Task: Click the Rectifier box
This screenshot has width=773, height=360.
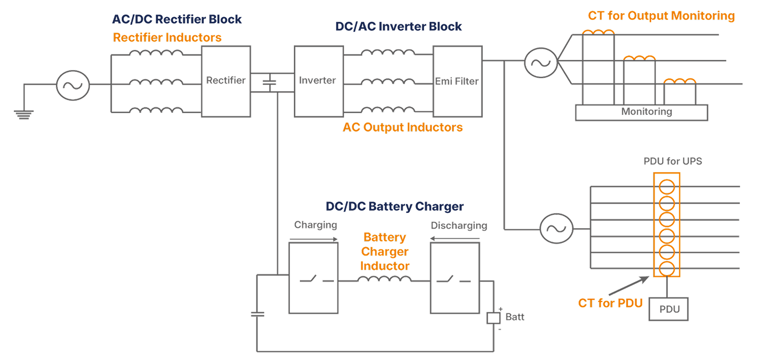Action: pos(226,81)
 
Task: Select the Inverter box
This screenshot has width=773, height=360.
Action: pos(317,81)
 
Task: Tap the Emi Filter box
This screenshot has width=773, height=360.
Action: pos(457,81)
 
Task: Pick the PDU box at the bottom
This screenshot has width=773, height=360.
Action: pos(669,309)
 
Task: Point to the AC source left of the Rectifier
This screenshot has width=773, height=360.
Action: pos(72,85)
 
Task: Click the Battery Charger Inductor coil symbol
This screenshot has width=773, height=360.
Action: pos(384,279)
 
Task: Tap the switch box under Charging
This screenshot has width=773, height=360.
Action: pos(312,277)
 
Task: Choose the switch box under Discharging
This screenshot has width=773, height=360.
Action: pos(455,277)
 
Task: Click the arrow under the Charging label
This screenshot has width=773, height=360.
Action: pos(316,241)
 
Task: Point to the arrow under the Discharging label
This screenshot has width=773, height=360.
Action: pos(457,241)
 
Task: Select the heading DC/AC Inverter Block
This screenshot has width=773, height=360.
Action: pos(398,26)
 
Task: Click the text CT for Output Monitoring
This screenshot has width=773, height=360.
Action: pos(661,16)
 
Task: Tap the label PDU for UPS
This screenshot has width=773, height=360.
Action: pos(672,162)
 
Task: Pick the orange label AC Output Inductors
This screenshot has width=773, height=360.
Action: pos(402,127)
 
